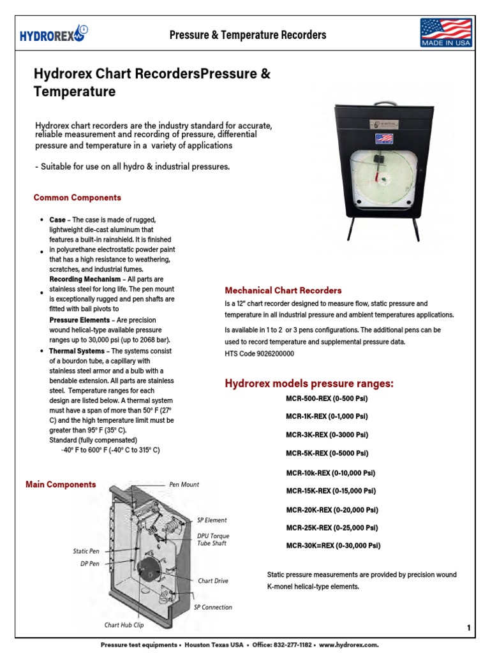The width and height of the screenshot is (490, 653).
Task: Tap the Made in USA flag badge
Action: click(x=445, y=33)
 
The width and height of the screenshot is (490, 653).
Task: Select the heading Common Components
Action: click(x=77, y=198)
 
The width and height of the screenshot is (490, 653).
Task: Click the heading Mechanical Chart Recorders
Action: click(x=283, y=290)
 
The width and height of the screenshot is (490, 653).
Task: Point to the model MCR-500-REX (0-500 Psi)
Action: click(x=327, y=399)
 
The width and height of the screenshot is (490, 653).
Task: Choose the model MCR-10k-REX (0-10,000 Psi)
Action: click(x=330, y=473)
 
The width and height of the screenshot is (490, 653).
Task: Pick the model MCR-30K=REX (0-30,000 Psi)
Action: click(x=333, y=545)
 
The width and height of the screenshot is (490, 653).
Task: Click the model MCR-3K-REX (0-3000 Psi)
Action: click(x=327, y=435)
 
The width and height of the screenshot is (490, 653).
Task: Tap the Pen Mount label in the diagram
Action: click(x=184, y=485)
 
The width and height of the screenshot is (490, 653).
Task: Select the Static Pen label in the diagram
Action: click(x=86, y=551)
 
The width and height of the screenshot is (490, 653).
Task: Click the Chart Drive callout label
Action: click(x=212, y=581)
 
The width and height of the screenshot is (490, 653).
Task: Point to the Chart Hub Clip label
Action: click(x=124, y=626)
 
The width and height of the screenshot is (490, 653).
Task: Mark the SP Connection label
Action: click(x=212, y=607)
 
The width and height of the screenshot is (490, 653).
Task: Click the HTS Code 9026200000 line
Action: click(x=259, y=353)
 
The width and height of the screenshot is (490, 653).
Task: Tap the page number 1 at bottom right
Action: click(x=468, y=628)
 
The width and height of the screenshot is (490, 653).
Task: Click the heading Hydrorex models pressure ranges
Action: click(x=309, y=383)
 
